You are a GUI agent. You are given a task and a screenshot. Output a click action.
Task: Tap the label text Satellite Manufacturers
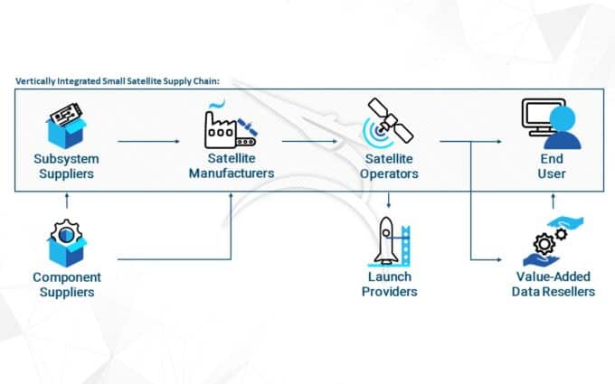pos(231,166)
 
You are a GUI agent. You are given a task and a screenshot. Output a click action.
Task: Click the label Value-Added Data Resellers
pos(553,284)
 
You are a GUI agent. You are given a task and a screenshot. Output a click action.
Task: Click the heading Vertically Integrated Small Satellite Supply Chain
pos(117,80)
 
